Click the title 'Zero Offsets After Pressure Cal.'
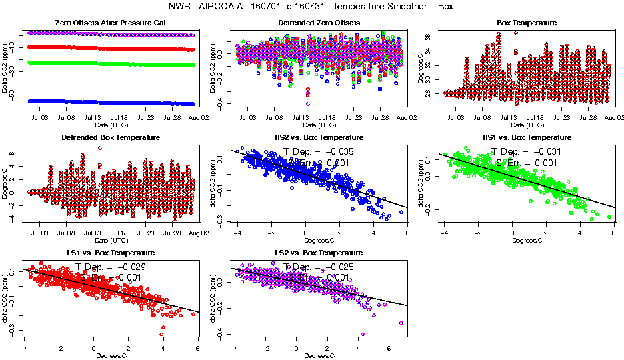click(111, 23)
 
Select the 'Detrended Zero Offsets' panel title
click(319, 23)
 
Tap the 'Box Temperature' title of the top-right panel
click(527, 23)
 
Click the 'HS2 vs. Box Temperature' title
click(319, 138)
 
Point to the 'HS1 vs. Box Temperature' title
click(527, 138)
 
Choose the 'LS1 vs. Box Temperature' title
click(111, 253)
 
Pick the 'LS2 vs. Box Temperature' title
click(319, 253)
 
